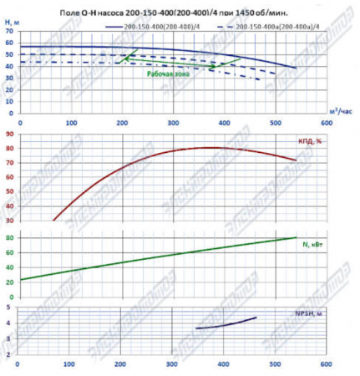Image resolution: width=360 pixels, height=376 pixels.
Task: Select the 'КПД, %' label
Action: point(309,140)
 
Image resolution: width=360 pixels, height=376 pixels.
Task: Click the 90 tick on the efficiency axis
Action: point(9,132)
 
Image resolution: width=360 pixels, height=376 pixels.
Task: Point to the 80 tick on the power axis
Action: point(9,238)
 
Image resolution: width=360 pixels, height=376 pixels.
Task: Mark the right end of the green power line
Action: point(296,238)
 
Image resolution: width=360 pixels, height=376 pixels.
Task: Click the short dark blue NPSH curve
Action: point(226,324)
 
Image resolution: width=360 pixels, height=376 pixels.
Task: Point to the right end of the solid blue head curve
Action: point(296,68)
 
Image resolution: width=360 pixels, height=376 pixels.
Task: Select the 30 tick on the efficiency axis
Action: point(9,221)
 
